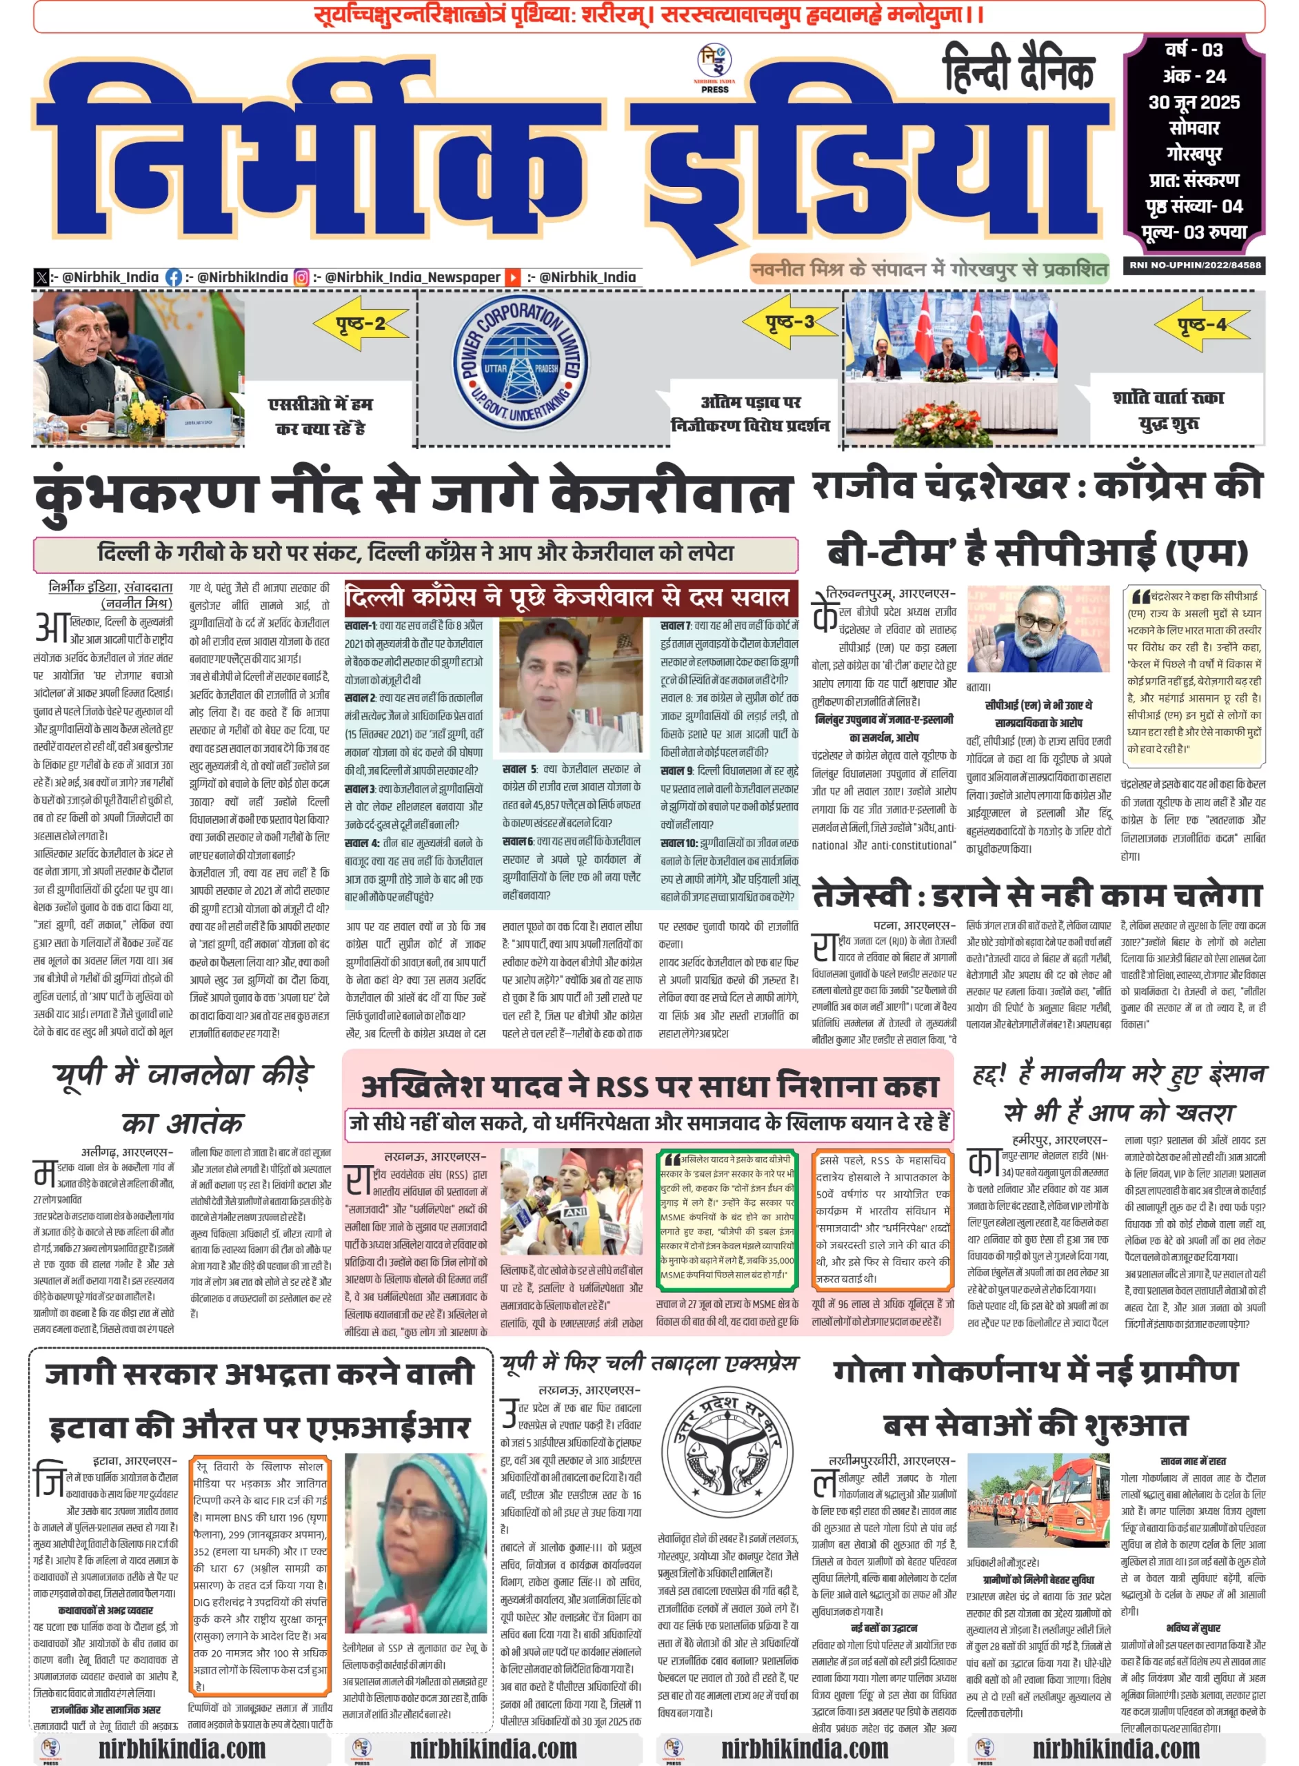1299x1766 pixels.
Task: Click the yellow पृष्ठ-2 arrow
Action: point(361,324)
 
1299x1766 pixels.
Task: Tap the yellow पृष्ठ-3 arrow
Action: point(791,321)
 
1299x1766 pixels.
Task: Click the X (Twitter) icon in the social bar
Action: point(41,277)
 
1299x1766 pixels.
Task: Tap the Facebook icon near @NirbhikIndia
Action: point(174,277)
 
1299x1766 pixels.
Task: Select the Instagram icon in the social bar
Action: point(301,277)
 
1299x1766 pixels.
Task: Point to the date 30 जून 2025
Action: point(1194,102)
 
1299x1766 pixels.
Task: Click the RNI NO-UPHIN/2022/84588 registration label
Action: point(1194,265)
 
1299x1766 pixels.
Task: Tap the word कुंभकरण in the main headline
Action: point(145,494)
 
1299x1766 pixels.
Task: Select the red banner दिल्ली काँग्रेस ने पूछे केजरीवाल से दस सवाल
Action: point(570,599)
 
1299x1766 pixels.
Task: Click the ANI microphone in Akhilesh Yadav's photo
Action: point(576,1212)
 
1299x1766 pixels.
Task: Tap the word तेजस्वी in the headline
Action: point(861,895)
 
